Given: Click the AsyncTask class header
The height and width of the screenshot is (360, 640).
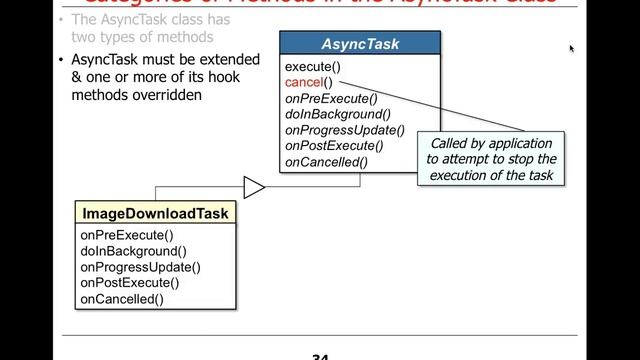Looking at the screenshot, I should pos(359,44).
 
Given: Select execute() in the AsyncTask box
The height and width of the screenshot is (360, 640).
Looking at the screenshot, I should pos(312,67).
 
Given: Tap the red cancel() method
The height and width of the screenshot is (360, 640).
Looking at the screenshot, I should pos(308,83).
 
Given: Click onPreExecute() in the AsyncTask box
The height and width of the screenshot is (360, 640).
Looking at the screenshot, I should pos(331,98).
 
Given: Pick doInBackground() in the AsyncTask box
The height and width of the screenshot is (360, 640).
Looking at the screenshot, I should pos(337,114).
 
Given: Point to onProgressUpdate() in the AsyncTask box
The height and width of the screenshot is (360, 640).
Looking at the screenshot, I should pos(345,130).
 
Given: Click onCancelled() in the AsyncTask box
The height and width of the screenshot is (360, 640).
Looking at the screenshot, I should pos(326,162).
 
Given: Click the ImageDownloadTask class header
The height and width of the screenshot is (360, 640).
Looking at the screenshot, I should pos(155,213).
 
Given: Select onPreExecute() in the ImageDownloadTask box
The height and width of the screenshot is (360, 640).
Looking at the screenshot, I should pos(127,236).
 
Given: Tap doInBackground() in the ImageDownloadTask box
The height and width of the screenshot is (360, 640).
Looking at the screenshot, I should pos(133,251).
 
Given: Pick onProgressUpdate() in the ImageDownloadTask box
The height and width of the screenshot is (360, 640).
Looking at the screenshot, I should pos(140,267).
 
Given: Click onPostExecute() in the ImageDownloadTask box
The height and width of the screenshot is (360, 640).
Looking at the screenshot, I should pos(132,283).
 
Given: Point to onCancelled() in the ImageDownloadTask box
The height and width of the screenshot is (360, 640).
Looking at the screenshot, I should pos(122,298).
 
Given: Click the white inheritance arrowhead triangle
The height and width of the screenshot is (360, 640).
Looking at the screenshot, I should pos(254,188).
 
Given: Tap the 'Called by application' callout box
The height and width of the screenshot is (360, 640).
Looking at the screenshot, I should pos(491,159).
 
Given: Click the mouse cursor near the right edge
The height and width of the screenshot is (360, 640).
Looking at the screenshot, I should pos(572,48).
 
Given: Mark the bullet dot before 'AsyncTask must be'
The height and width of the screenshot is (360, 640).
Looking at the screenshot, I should pos(63,60).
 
